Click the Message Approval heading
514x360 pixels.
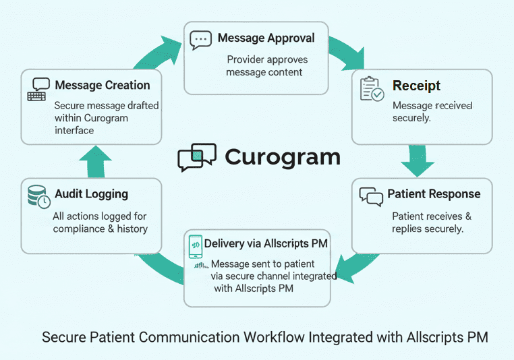click(x=266, y=38)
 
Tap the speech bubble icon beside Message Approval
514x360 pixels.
click(x=200, y=40)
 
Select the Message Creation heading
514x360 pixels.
click(x=103, y=86)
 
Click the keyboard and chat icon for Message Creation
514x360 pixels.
click(x=38, y=89)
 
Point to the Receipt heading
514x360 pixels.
click(x=416, y=86)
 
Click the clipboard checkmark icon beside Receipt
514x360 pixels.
click(x=372, y=90)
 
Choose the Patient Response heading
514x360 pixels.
click(x=434, y=194)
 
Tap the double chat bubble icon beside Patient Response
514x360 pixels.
click(x=371, y=196)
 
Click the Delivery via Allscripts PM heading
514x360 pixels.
click(x=266, y=243)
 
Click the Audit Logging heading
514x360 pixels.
click(x=91, y=194)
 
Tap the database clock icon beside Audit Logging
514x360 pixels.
click(x=38, y=197)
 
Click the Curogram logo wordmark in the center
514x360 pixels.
click(x=282, y=156)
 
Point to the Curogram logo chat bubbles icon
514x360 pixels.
click(x=196, y=157)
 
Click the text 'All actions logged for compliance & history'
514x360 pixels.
click(x=100, y=222)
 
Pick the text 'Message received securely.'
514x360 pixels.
click(x=432, y=112)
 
